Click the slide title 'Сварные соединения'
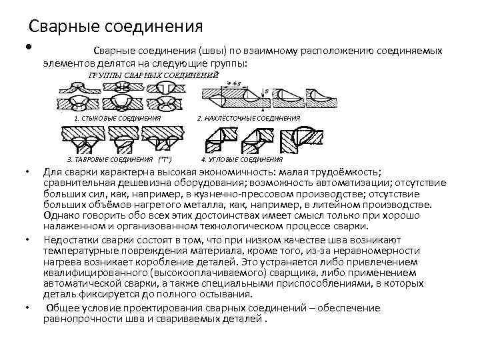(x=115, y=27)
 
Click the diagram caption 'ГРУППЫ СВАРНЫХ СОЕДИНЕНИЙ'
(x=153, y=75)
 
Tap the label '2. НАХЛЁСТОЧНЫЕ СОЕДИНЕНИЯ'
(x=249, y=118)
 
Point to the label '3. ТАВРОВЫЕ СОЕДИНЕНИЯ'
(x=111, y=160)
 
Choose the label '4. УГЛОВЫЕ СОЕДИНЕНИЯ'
(x=242, y=160)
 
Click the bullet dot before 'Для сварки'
(x=26, y=172)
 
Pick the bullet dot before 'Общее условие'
(x=26, y=307)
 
